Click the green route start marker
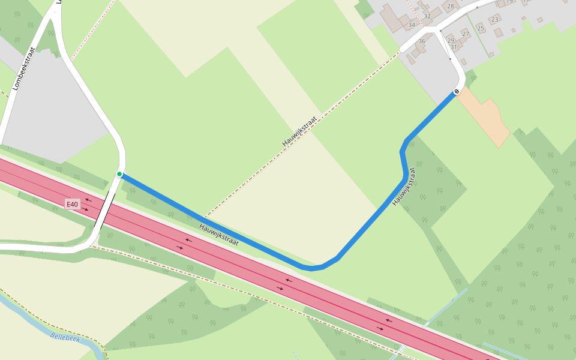pyautogui.click(x=119, y=174)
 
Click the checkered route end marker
pyautogui.click(x=457, y=91)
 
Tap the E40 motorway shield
pyautogui.click(x=73, y=204)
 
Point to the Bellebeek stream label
pyautogui.click(x=65, y=338)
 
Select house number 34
pyautogui.click(x=412, y=25)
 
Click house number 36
pyautogui.click(x=422, y=41)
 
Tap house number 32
pyautogui.click(x=427, y=16)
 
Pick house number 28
pyautogui.click(x=451, y=6)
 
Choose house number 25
pyautogui.click(x=481, y=28)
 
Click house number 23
pyautogui.click(x=495, y=20)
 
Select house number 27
pyautogui.click(x=466, y=34)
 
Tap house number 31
pyautogui.click(x=454, y=47)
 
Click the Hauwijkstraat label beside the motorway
pyautogui.click(x=219, y=235)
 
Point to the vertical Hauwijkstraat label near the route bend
pyautogui.click(x=404, y=187)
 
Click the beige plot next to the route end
pyautogui.click(x=486, y=117)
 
